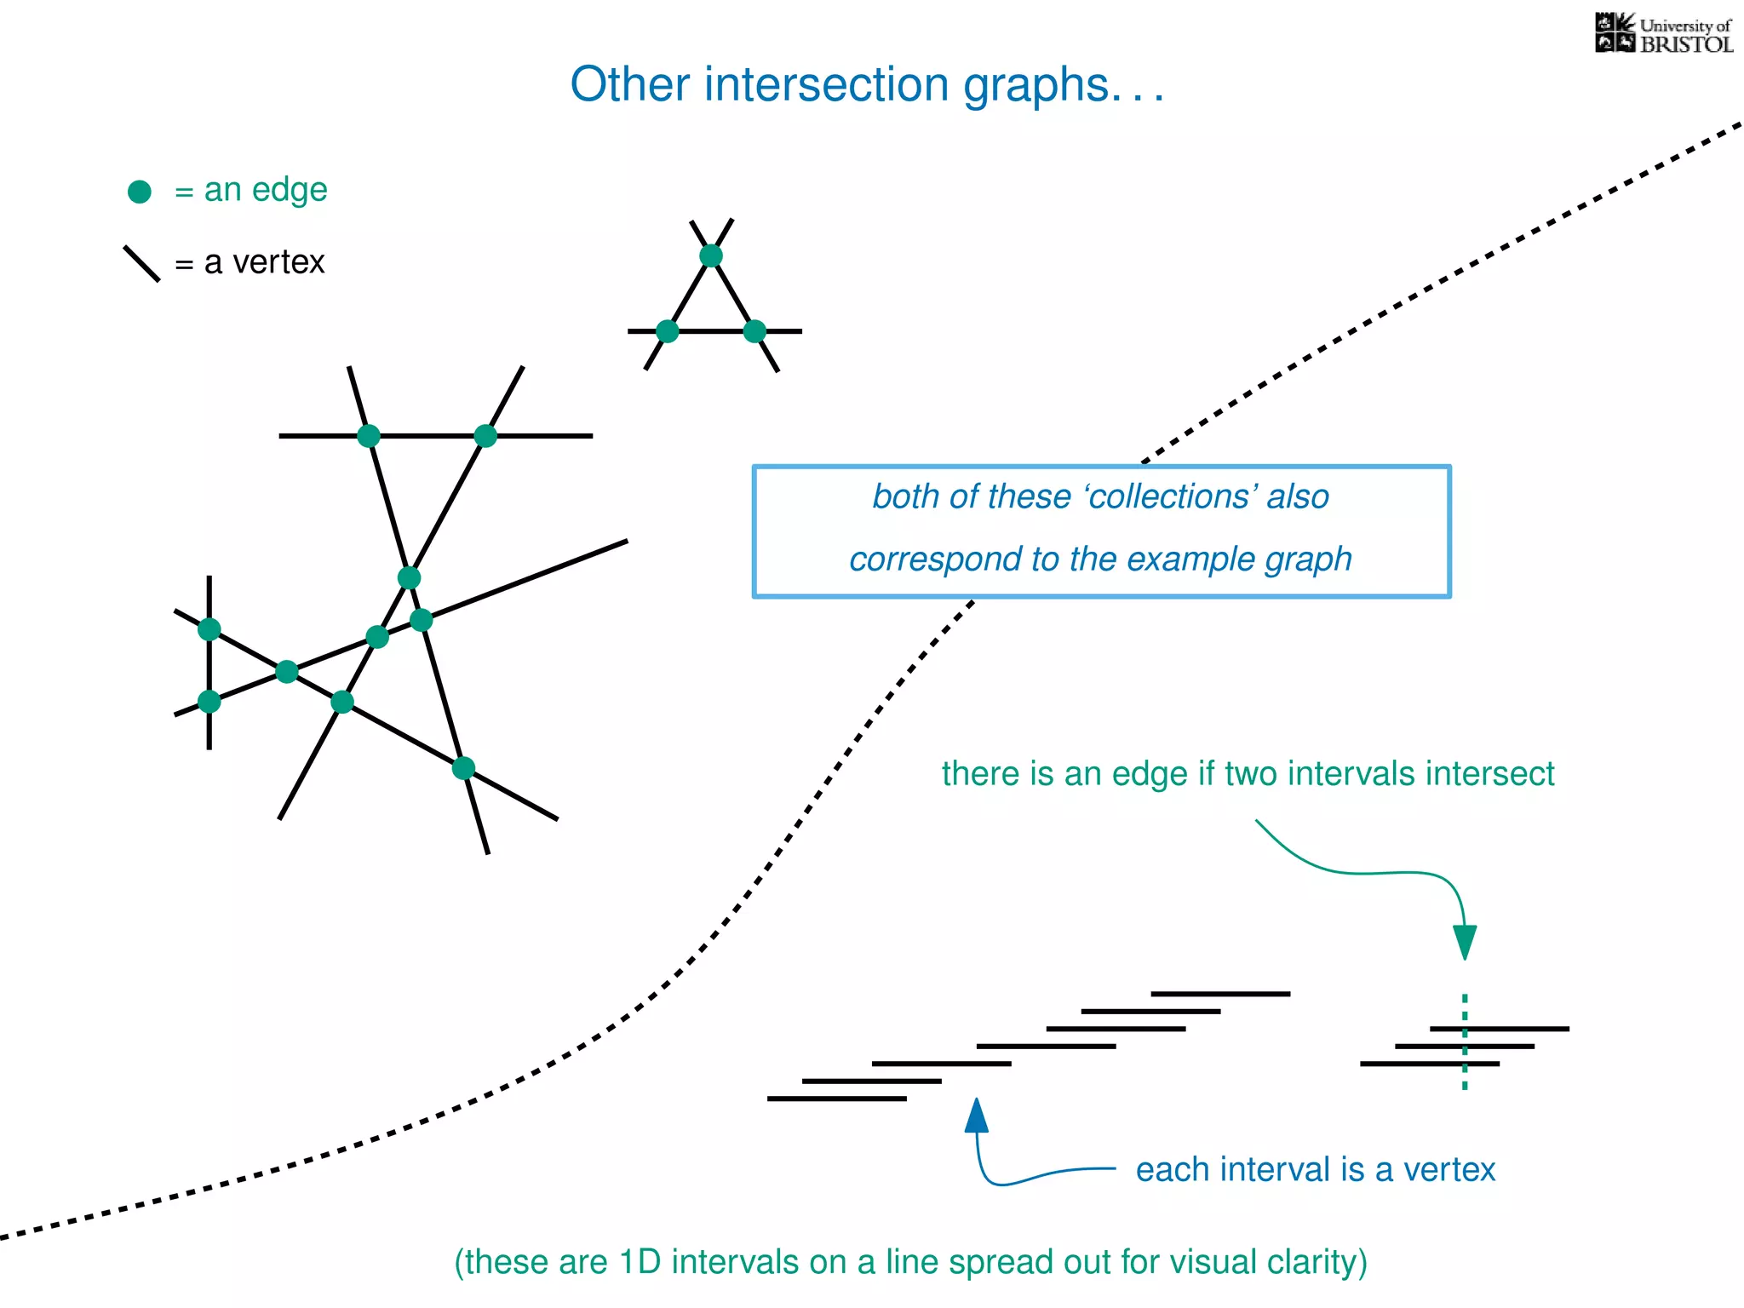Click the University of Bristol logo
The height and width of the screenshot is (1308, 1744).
[x=1662, y=34]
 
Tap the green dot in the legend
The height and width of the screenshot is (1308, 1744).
[x=140, y=192]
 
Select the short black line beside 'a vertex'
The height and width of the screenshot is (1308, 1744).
[x=141, y=263]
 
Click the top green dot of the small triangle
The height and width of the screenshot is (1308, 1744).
[x=711, y=255]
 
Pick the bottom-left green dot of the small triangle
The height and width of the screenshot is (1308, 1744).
[x=668, y=331]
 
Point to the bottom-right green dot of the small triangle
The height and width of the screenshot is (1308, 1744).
[x=754, y=331]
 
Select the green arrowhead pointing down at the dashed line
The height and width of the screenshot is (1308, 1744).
[x=1465, y=942]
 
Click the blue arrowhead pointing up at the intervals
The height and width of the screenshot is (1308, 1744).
[x=977, y=1115]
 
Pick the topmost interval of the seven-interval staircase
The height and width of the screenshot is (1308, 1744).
[x=1220, y=994]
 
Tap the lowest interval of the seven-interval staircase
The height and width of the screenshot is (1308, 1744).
[x=836, y=1099]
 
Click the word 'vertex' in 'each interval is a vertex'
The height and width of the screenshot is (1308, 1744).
[x=1449, y=1170]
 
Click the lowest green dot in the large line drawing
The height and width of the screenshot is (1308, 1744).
[x=463, y=768]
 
